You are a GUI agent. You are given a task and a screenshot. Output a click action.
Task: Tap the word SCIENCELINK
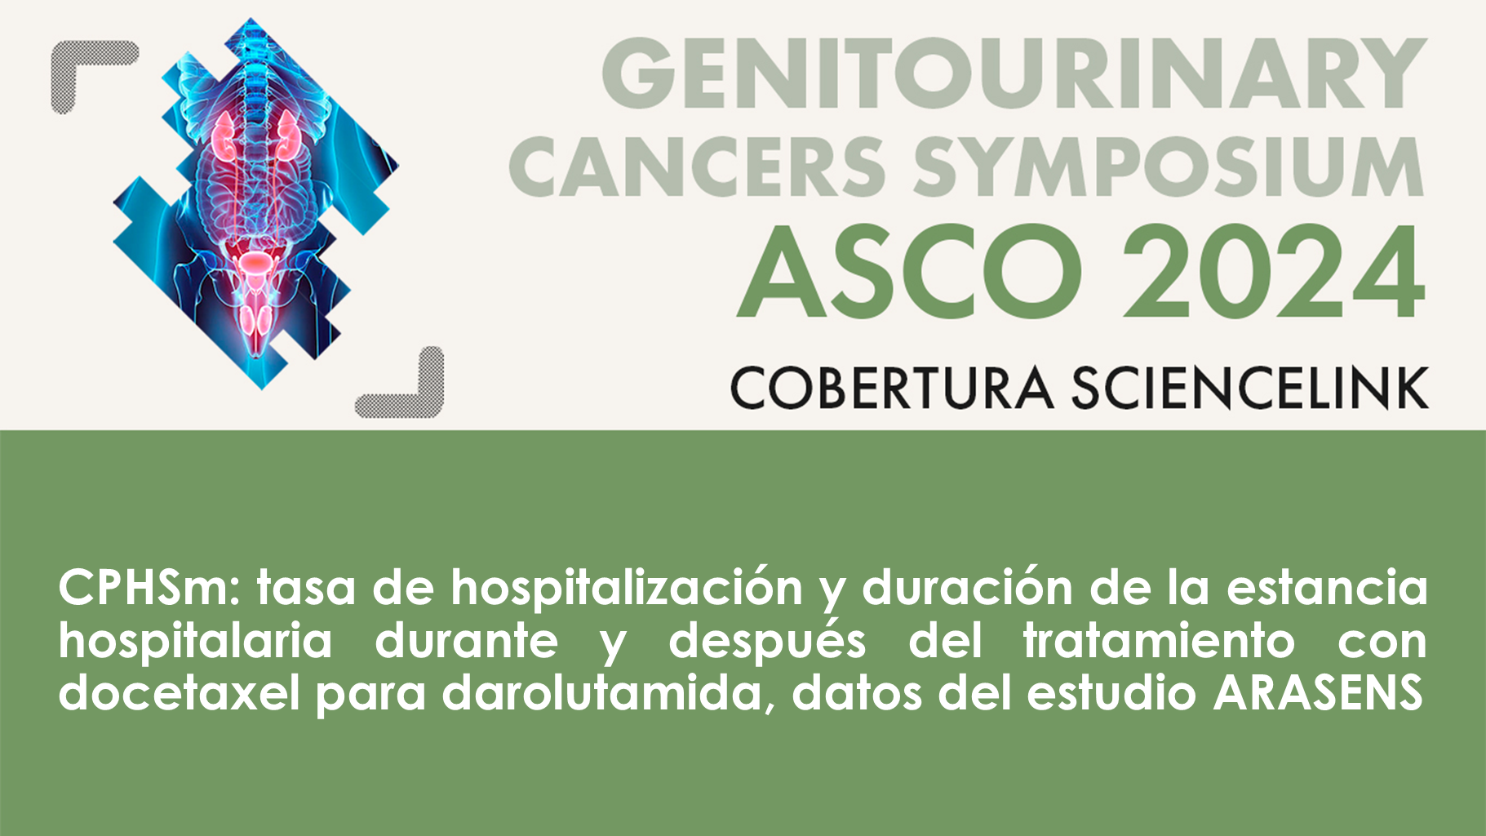(x=1249, y=388)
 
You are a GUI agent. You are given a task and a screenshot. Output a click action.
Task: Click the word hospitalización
(x=627, y=588)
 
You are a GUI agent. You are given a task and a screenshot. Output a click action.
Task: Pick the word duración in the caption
(x=966, y=588)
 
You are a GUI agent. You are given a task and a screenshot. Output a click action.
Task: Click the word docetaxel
(x=179, y=693)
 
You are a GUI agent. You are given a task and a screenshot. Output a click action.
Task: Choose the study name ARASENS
(x=1318, y=693)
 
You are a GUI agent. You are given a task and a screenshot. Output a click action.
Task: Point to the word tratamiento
(x=1159, y=641)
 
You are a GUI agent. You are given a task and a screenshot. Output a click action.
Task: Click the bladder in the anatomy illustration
(x=255, y=263)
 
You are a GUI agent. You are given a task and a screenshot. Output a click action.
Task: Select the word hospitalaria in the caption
(x=195, y=641)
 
